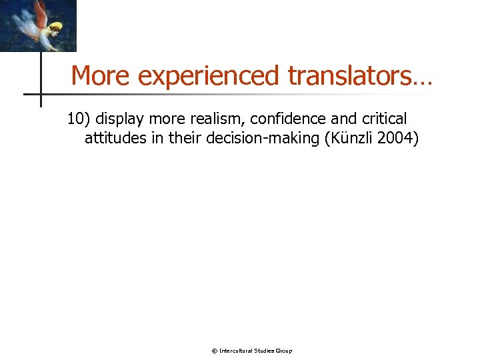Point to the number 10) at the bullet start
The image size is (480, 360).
click(79, 119)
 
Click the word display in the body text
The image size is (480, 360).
click(121, 120)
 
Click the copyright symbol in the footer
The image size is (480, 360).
click(214, 351)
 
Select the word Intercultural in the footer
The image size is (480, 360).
click(236, 351)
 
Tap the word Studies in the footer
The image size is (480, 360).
click(266, 351)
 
